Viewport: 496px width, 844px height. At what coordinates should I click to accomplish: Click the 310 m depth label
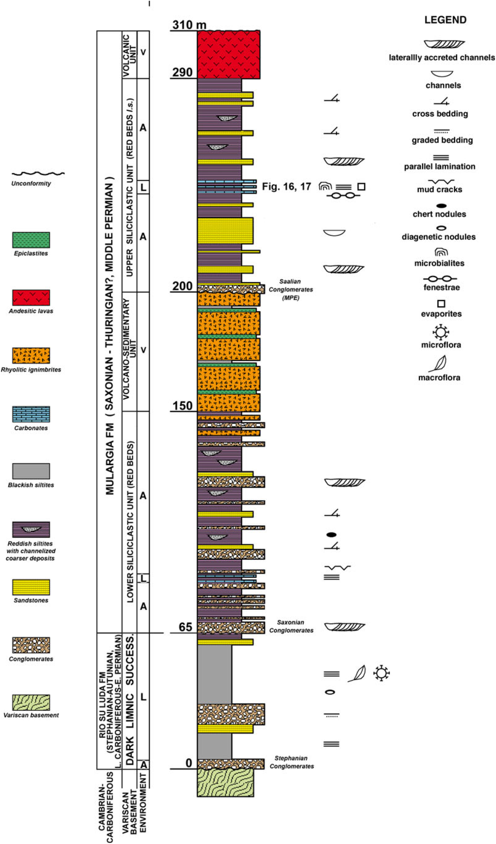(189, 24)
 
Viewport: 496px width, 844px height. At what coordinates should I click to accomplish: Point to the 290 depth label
(183, 72)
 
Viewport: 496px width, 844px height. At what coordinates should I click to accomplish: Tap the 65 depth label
(185, 627)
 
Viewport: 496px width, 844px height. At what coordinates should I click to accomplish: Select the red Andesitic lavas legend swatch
(31, 297)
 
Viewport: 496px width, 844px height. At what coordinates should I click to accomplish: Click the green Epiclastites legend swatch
(31, 240)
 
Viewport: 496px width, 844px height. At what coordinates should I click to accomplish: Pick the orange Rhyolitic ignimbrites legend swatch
(31, 355)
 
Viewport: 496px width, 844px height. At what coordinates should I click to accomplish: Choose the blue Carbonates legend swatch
(31, 414)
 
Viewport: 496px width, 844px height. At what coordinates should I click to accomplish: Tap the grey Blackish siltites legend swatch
(31, 471)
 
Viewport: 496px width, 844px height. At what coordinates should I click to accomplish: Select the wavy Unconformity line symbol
(38, 173)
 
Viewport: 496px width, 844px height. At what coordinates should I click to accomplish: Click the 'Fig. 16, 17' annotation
(286, 187)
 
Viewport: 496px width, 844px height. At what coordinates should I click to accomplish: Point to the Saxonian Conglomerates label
(291, 626)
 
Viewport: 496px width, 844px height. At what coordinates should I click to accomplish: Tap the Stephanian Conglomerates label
(292, 762)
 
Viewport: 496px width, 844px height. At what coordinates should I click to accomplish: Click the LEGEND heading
(445, 20)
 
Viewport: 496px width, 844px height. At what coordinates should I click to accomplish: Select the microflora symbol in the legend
(441, 332)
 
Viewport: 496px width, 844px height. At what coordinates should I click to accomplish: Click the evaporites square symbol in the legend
(441, 303)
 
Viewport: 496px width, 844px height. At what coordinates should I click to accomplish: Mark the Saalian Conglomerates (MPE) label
(291, 289)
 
